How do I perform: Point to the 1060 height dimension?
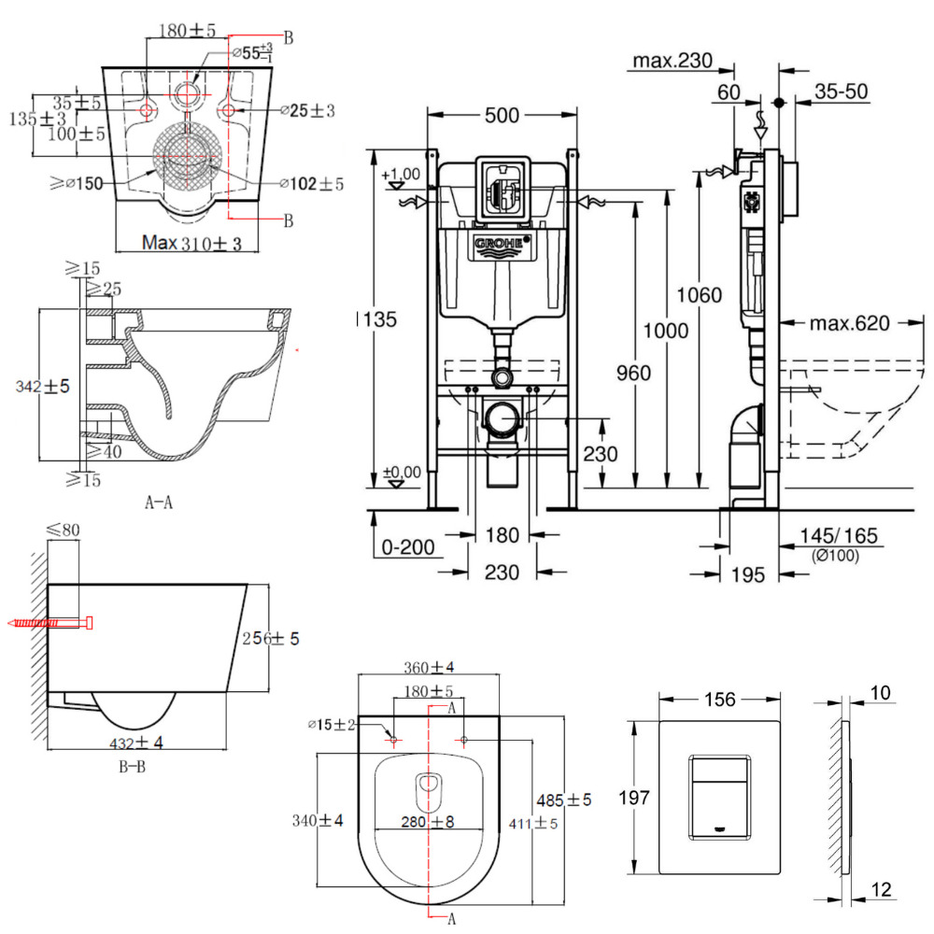pos(700,296)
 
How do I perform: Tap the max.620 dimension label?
pos(849,323)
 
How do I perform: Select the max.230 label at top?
pos(672,62)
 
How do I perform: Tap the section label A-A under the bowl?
pos(159,502)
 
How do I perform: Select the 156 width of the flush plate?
pos(719,699)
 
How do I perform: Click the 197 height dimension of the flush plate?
pos(635,797)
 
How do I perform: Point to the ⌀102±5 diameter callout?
pos(312,184)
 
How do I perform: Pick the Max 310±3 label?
pos(192,244)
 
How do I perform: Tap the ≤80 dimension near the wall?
pos(64,531)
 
